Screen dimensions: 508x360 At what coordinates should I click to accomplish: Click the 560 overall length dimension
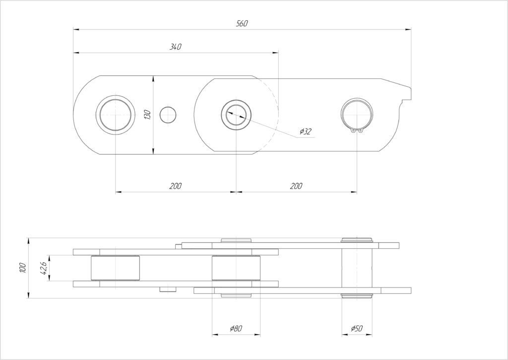242,23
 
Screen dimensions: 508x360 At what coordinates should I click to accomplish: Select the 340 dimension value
176,47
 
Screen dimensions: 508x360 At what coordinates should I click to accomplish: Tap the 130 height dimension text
147,115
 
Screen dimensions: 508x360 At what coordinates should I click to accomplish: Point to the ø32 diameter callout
306,132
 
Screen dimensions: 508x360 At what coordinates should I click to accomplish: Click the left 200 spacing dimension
176,186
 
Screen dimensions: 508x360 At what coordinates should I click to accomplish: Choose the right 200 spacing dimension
296,186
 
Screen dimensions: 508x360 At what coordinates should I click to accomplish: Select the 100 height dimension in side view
22,268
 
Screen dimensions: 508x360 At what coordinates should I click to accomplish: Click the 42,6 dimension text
44,268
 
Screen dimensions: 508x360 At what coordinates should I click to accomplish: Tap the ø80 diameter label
236,329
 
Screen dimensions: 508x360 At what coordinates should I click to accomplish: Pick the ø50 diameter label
356,329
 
